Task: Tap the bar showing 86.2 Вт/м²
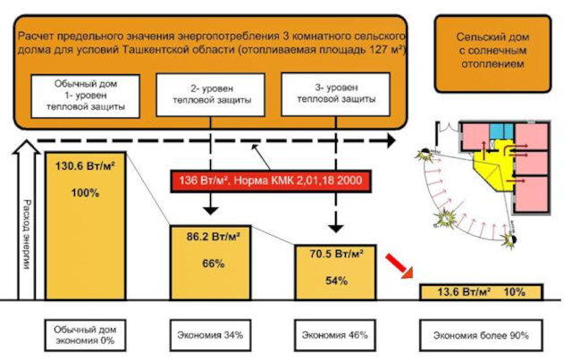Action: tap(210, 263)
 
